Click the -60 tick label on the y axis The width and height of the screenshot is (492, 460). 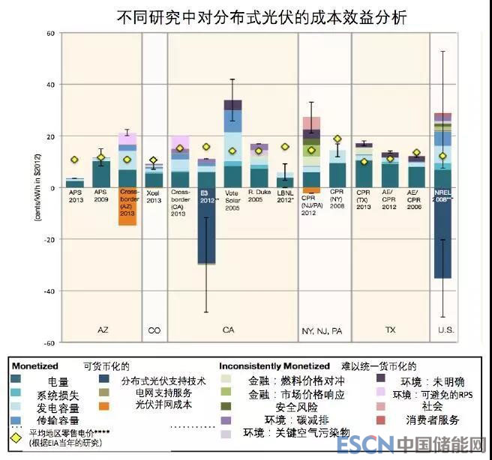[50, 342]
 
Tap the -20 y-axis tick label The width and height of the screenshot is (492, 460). [50, 239]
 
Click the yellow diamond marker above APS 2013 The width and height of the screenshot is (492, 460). [74, 160]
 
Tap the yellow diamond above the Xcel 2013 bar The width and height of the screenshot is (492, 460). [154, 160]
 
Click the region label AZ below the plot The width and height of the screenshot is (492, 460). [103, 330]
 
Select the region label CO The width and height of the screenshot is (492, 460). [154, 330]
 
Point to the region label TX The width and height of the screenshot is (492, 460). [390, 330]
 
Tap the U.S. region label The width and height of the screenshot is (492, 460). [443, 330]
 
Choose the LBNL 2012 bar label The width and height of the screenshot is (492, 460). [285, 197]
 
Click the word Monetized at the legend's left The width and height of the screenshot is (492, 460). [34, 366]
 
